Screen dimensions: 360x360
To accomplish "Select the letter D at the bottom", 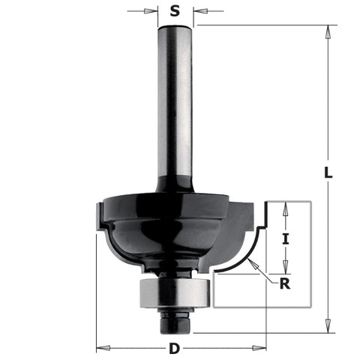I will pos(175,348).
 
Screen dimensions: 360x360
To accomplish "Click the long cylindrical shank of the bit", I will pos(175,105).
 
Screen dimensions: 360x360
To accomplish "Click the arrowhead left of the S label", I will pos(154,11).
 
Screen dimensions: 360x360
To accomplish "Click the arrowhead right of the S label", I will pos(197,11).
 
